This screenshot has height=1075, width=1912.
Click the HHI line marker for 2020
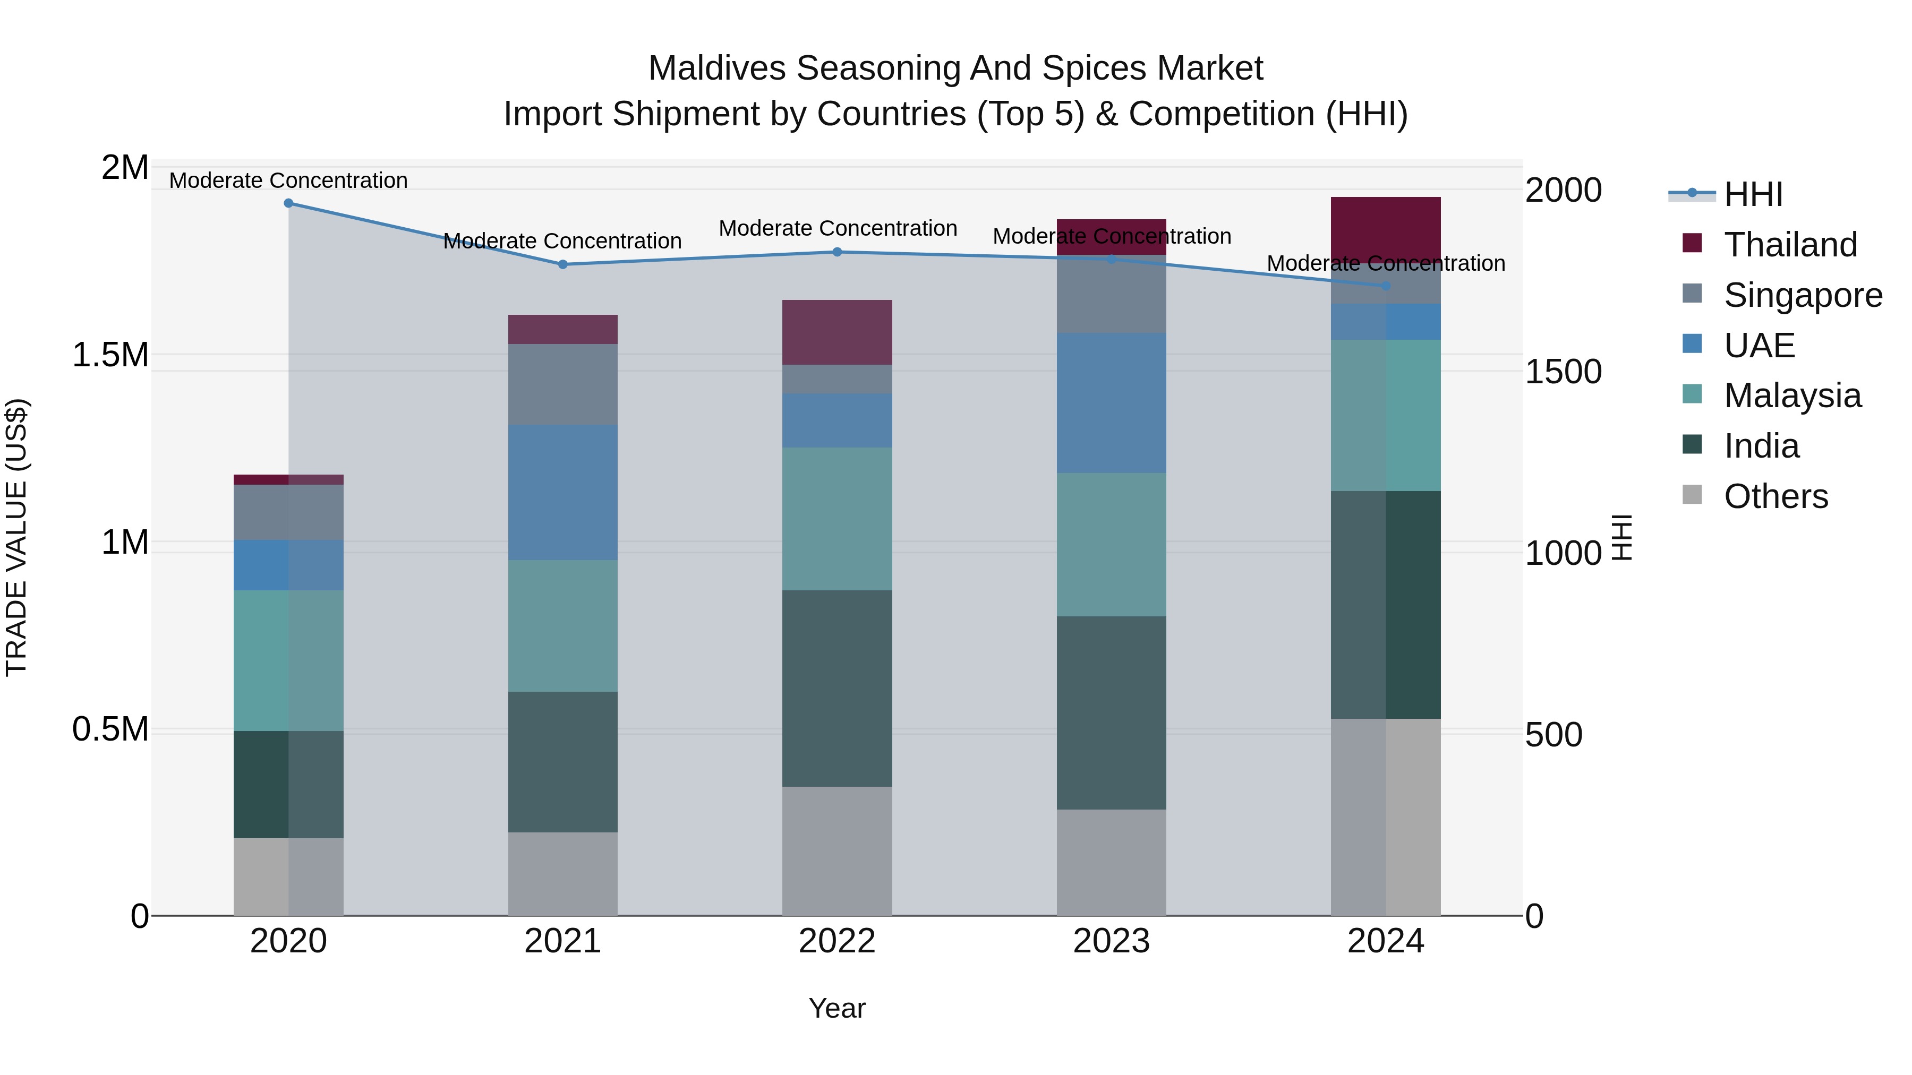(289, 203)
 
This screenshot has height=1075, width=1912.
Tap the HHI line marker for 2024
(1386, 286)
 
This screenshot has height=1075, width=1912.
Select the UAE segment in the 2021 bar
(562, 492)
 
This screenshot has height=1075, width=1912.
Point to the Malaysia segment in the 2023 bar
(1111, 545)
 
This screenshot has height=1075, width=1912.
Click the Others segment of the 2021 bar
(562, 873)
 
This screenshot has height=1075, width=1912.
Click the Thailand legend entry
(1789, 245)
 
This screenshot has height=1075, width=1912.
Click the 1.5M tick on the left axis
(110, 355)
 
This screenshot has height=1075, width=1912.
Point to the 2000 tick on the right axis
(1563, 191)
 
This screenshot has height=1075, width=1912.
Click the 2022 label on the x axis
(837, 941)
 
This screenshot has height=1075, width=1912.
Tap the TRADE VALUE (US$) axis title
(16, 537)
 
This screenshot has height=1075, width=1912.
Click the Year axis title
(837, 1008)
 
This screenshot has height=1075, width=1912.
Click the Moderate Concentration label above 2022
(837, 228)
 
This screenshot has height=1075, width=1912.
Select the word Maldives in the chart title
(716, 68)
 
